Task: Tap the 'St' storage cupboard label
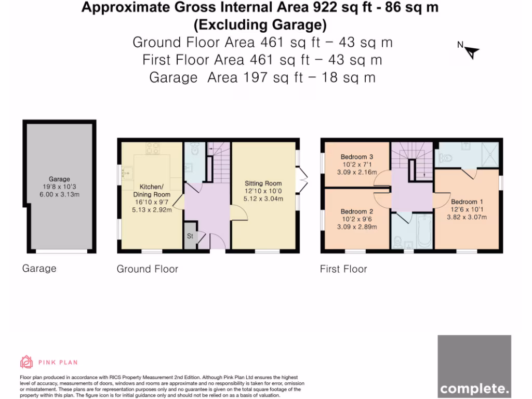pos(190,235)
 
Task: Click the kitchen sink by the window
pos(127,169)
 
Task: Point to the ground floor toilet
pos(194,151)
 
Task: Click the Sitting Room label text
pos(263,183)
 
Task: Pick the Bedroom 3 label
pos(357,157)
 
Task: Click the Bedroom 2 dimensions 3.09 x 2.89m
pos(357,227)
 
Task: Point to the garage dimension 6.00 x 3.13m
pos(59,194)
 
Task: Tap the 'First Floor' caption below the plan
pos(343,269)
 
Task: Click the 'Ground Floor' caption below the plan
pos(147,269)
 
